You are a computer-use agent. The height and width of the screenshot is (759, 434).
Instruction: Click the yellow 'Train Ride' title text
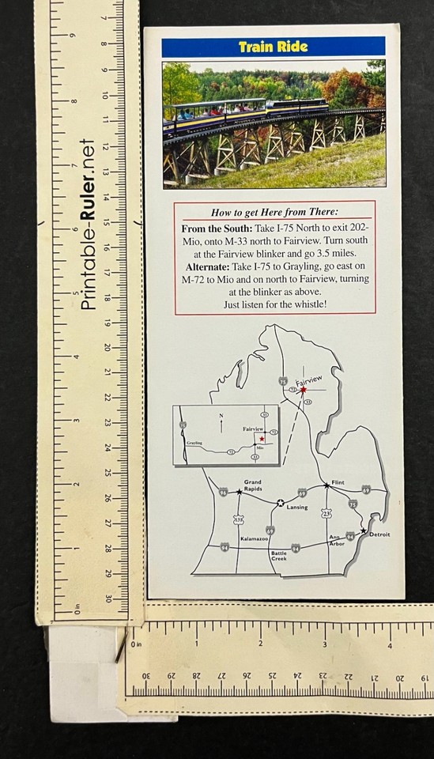(273, 47)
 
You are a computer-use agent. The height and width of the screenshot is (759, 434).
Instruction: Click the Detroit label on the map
(379, 534)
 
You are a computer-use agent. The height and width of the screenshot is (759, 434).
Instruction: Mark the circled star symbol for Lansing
(280, 501)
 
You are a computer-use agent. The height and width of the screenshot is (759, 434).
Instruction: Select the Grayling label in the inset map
(194, 444)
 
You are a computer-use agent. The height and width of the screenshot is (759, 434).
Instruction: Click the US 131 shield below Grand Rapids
(239, 519)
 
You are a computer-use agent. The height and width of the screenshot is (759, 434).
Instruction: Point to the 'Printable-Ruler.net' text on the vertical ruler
(89, 225)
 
